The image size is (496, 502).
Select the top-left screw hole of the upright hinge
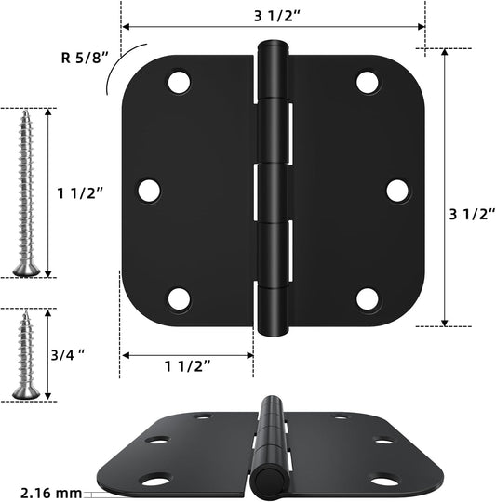point(178,82)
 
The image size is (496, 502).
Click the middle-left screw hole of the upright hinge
point(149,190)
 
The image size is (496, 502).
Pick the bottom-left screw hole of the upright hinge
point(178,297)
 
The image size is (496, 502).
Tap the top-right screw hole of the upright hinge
point(369,82)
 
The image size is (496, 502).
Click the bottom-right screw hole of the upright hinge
point(369,297)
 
